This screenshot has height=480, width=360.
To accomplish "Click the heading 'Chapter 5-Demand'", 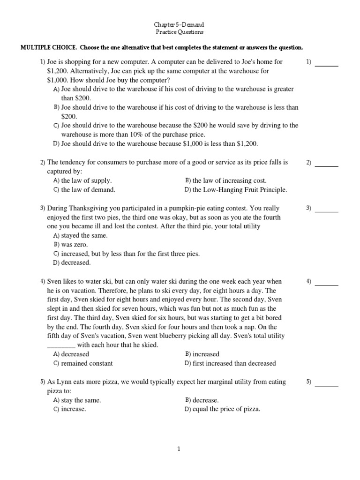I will pyautogui.click(x=180, y=24).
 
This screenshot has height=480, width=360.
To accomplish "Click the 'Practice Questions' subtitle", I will pyautogui.click(x=180, y=32).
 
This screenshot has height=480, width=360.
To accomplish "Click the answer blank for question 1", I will pyautogui.click(x=326, y=65).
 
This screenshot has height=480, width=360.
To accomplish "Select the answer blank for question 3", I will pyautogui.click(x=326, y=211).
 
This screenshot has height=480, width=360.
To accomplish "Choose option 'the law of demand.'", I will pyautogui.click(x=88, y=190).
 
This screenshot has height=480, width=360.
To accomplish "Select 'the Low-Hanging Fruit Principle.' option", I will pyautogui.click(x=240, y=190).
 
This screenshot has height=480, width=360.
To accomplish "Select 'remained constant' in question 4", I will pyautogui.click(x=87, y=363).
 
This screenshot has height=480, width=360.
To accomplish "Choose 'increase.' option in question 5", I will pyautogui.click(x=74, y=409).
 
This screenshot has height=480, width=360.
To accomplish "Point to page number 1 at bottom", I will pyautogui.click(x=179, y=449).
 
